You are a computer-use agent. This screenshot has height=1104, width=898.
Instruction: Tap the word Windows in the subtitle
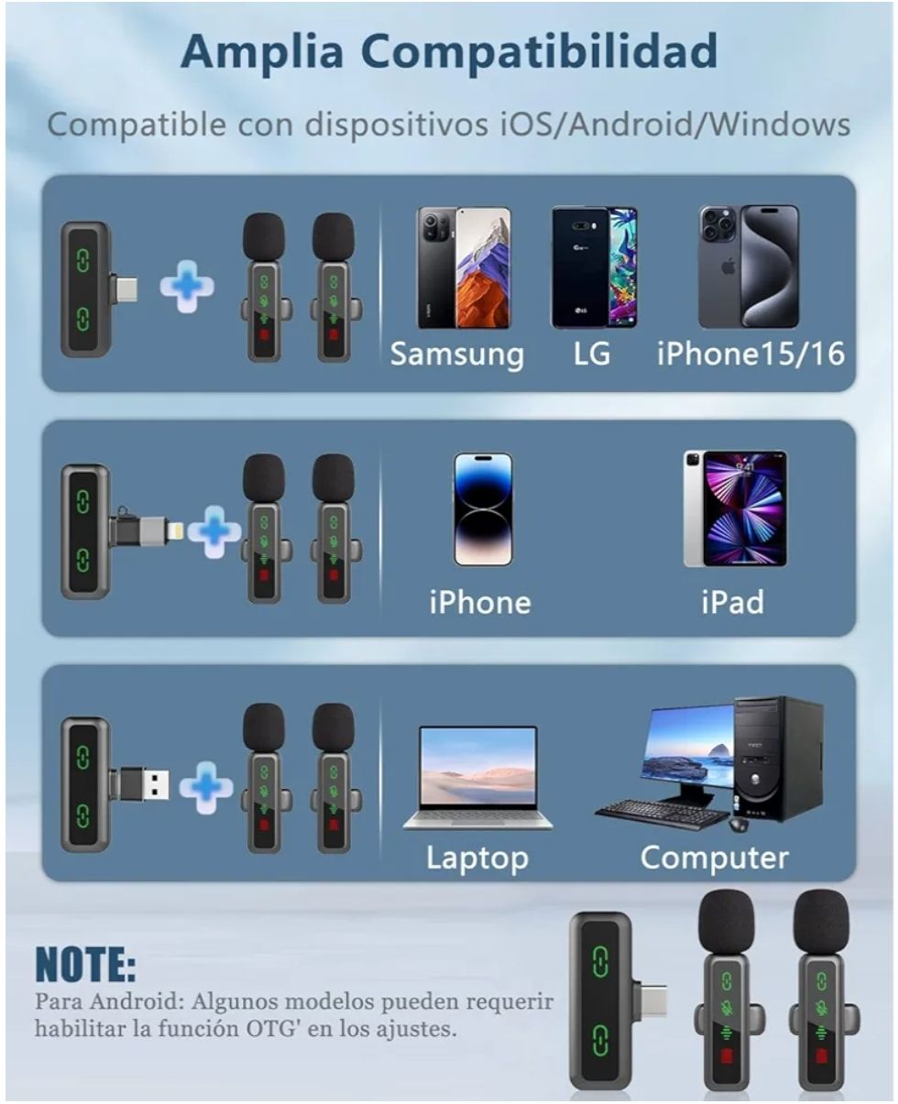(x=779, y=125)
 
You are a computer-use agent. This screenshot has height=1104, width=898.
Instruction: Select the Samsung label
(x=456, y=355)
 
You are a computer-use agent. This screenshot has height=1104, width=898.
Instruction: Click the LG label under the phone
(x=592, y=354)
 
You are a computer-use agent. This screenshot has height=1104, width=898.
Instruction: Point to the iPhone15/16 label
(x=750, y=354)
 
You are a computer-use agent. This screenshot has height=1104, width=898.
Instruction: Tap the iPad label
(x=733, y=602)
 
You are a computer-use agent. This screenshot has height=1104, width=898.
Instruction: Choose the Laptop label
(x=477, y=858)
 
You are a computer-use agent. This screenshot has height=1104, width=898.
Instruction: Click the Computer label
(x=715, y=858)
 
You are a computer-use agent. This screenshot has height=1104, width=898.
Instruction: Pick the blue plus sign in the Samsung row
(x=187, y=287)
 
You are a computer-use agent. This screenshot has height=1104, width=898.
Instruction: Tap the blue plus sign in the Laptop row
(x=206, y=787)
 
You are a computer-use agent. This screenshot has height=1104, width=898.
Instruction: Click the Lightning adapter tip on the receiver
(x=175, y=530)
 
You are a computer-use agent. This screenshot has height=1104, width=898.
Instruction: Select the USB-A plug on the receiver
(x=153, y=785)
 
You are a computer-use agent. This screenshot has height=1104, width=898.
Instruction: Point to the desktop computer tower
(x=779, y=760)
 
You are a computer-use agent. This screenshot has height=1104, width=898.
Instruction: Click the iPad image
(x=735, y=509)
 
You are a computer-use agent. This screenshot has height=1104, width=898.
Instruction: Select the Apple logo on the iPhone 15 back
(x=728, y=268)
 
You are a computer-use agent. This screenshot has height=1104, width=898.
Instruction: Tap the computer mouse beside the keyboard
(x=739, y=825)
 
